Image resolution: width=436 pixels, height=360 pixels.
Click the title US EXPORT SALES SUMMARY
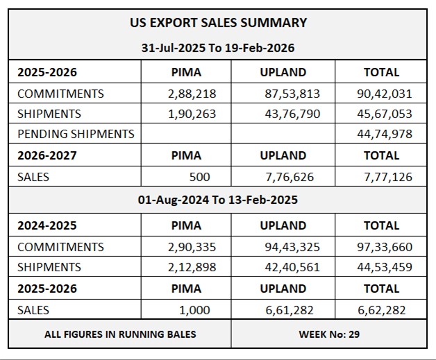(218, 22)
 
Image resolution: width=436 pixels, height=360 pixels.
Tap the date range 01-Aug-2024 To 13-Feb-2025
(218, 200)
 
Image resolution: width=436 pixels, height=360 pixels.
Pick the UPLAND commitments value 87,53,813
(292, 94)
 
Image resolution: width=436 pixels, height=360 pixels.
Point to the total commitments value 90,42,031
(384, 94)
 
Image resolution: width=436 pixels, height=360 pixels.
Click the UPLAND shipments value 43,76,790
(292, 114)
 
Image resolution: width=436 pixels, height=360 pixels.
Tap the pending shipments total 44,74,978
(384, 134)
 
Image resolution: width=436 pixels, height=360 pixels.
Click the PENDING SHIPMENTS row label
(75, 134)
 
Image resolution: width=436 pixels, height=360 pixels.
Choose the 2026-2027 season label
(47, 155)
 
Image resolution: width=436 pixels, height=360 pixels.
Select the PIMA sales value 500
(199, 177)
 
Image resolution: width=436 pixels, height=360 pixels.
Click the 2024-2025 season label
(47, 225)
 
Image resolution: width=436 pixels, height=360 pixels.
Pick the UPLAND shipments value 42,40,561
(292, 267)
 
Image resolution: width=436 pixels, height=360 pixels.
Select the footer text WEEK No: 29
(329, 334)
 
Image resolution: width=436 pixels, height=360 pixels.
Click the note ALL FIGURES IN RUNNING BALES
(120, 334)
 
